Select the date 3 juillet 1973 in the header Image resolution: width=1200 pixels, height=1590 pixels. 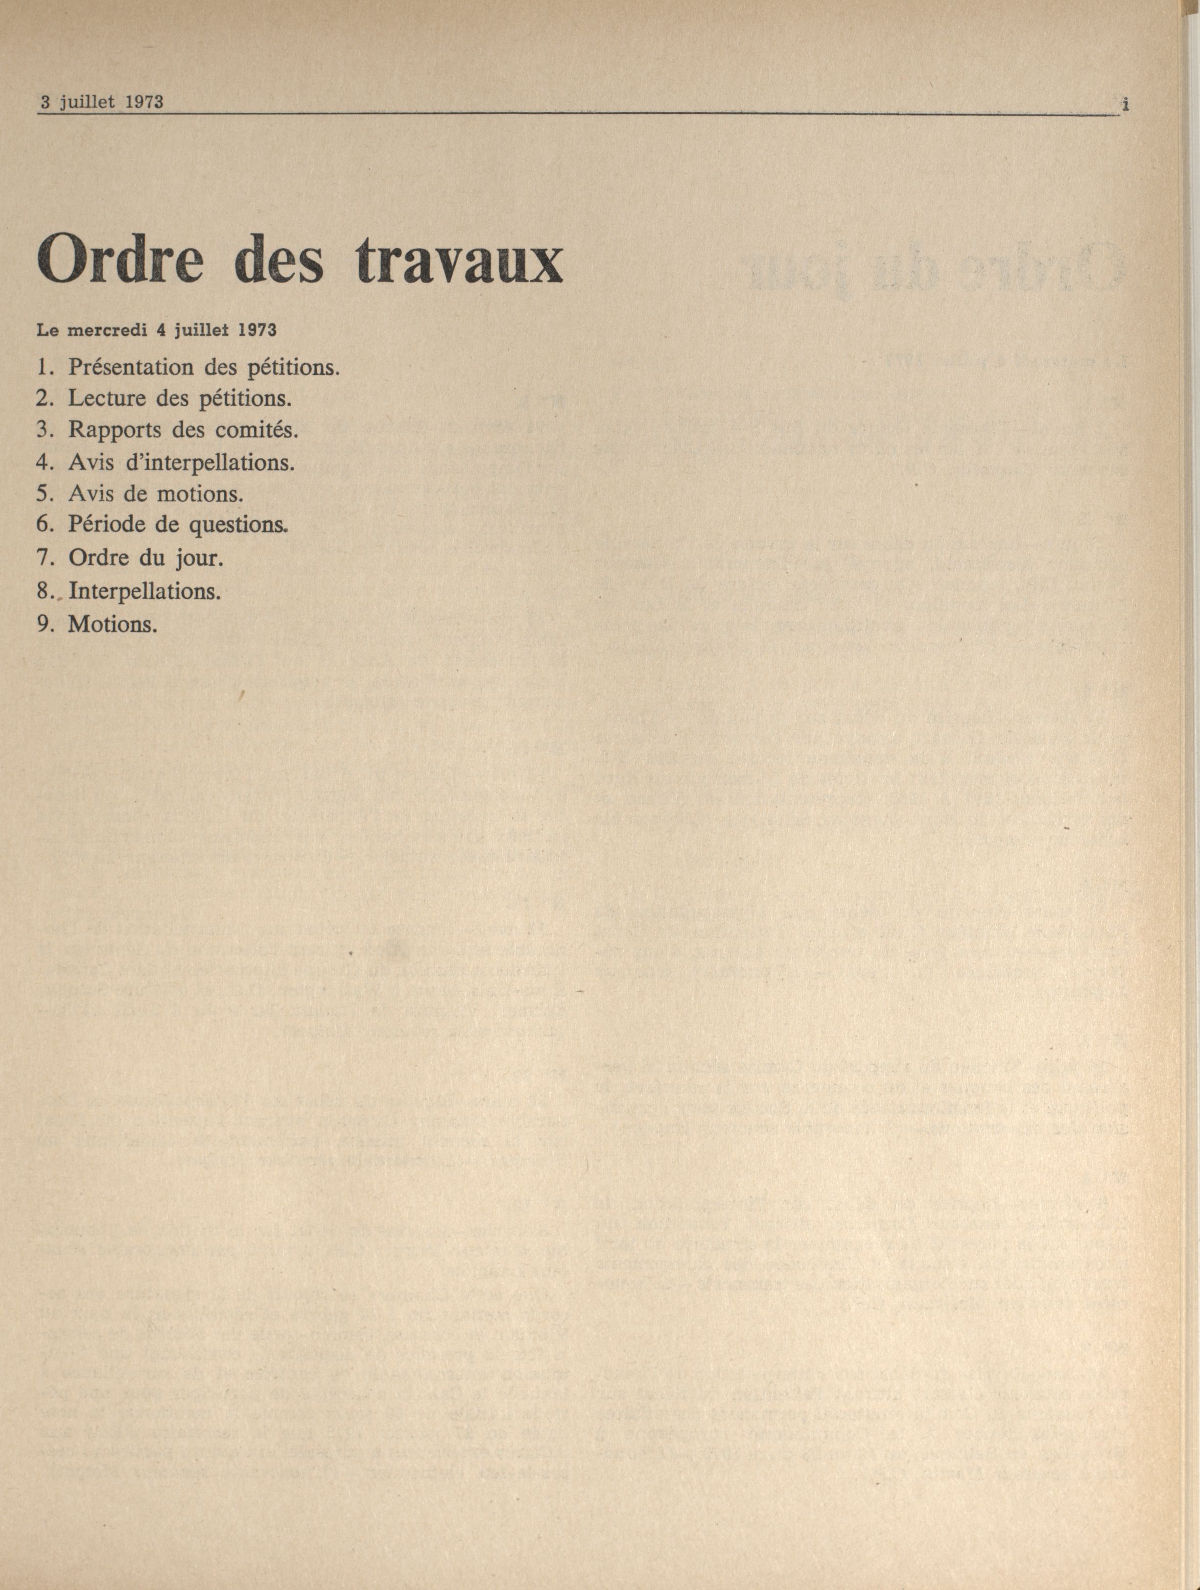[101, 102]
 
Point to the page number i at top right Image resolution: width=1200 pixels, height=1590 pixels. [1124, 105]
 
